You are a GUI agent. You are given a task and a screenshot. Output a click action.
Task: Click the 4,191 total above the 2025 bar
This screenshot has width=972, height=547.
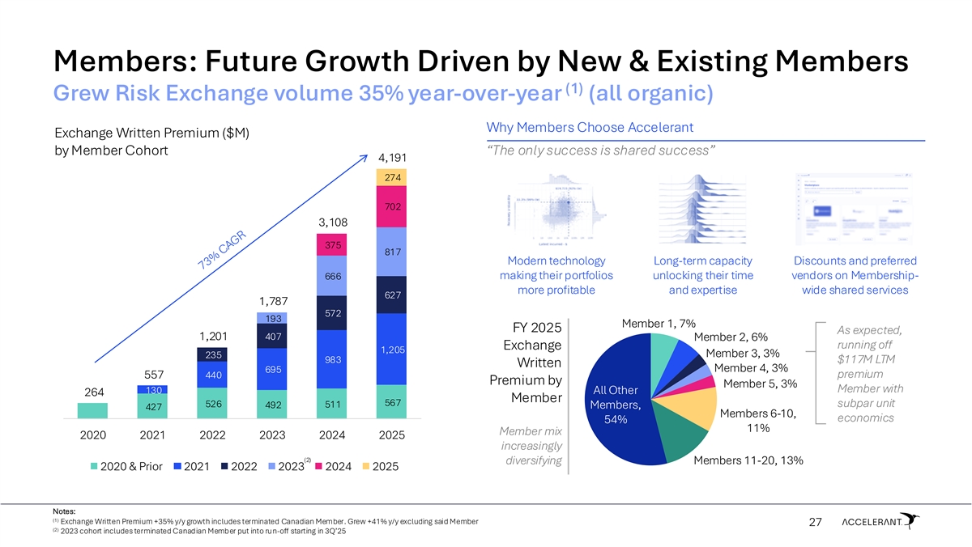[x=391, y=157]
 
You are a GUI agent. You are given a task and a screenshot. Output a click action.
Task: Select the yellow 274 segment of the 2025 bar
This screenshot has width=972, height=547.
[x=391, y=176]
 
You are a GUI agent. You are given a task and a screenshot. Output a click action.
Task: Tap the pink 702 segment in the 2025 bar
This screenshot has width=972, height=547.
[x=391, y=207]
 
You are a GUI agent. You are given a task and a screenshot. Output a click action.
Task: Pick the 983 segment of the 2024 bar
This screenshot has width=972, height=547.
[x=332, y=359]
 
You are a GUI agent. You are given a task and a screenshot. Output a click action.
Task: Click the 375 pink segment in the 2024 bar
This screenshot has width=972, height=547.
[x=332, y=244]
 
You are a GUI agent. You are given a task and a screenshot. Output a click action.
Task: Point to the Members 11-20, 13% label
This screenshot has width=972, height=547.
[x=748, y=460]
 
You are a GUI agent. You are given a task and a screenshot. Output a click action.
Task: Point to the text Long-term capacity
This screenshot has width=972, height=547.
[x=703, y=261]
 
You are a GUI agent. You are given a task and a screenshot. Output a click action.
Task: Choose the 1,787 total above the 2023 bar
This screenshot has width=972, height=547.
[x=272, y=301]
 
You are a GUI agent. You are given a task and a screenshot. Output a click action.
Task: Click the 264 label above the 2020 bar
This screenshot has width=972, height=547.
[x=94, y=392]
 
